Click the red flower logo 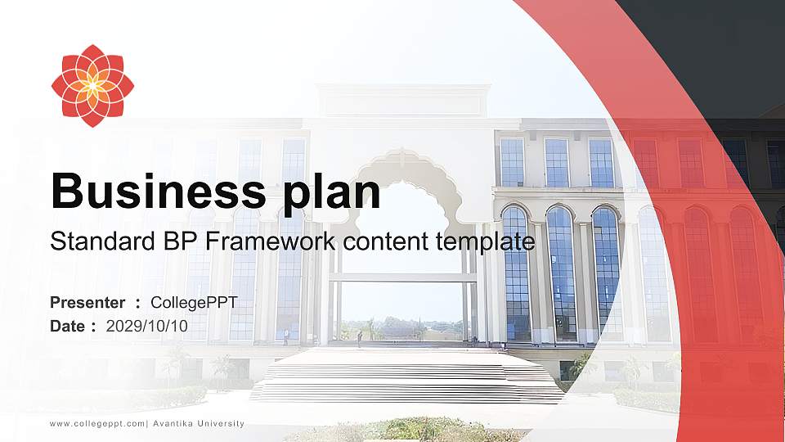[92, 86]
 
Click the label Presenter [87, 303]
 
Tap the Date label [68, 326]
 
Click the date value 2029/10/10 [147, 326]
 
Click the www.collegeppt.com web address [97, 424]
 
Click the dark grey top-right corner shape [720, 49]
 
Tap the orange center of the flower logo [92, 86]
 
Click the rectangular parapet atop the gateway [403, 101]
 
